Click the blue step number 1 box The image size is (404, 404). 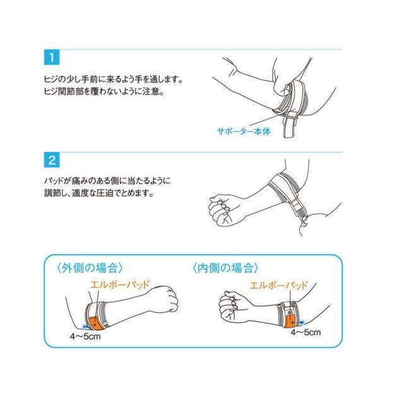tap(52, 57)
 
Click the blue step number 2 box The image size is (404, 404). tap(52, 160)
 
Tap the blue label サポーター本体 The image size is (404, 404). tap(244, 131)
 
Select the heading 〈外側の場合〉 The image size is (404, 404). tap(90, 268)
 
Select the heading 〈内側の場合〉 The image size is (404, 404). tap(225, 268)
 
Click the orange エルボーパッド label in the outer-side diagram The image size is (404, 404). tap(120, 285)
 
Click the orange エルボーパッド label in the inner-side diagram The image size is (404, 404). tap(279, 285)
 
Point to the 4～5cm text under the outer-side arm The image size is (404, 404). tap(85, 336)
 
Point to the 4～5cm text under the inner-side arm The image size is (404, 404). tap(306, 332)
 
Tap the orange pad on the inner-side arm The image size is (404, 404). tap(290, 321)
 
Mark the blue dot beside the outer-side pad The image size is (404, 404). tap(84, 326)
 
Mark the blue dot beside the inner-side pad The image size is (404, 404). tap(302, 322)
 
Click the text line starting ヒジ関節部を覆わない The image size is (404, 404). tap(104, 92)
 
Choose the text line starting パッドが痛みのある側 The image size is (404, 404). tap(107, 181)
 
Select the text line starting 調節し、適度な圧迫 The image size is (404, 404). tap(99, 193)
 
